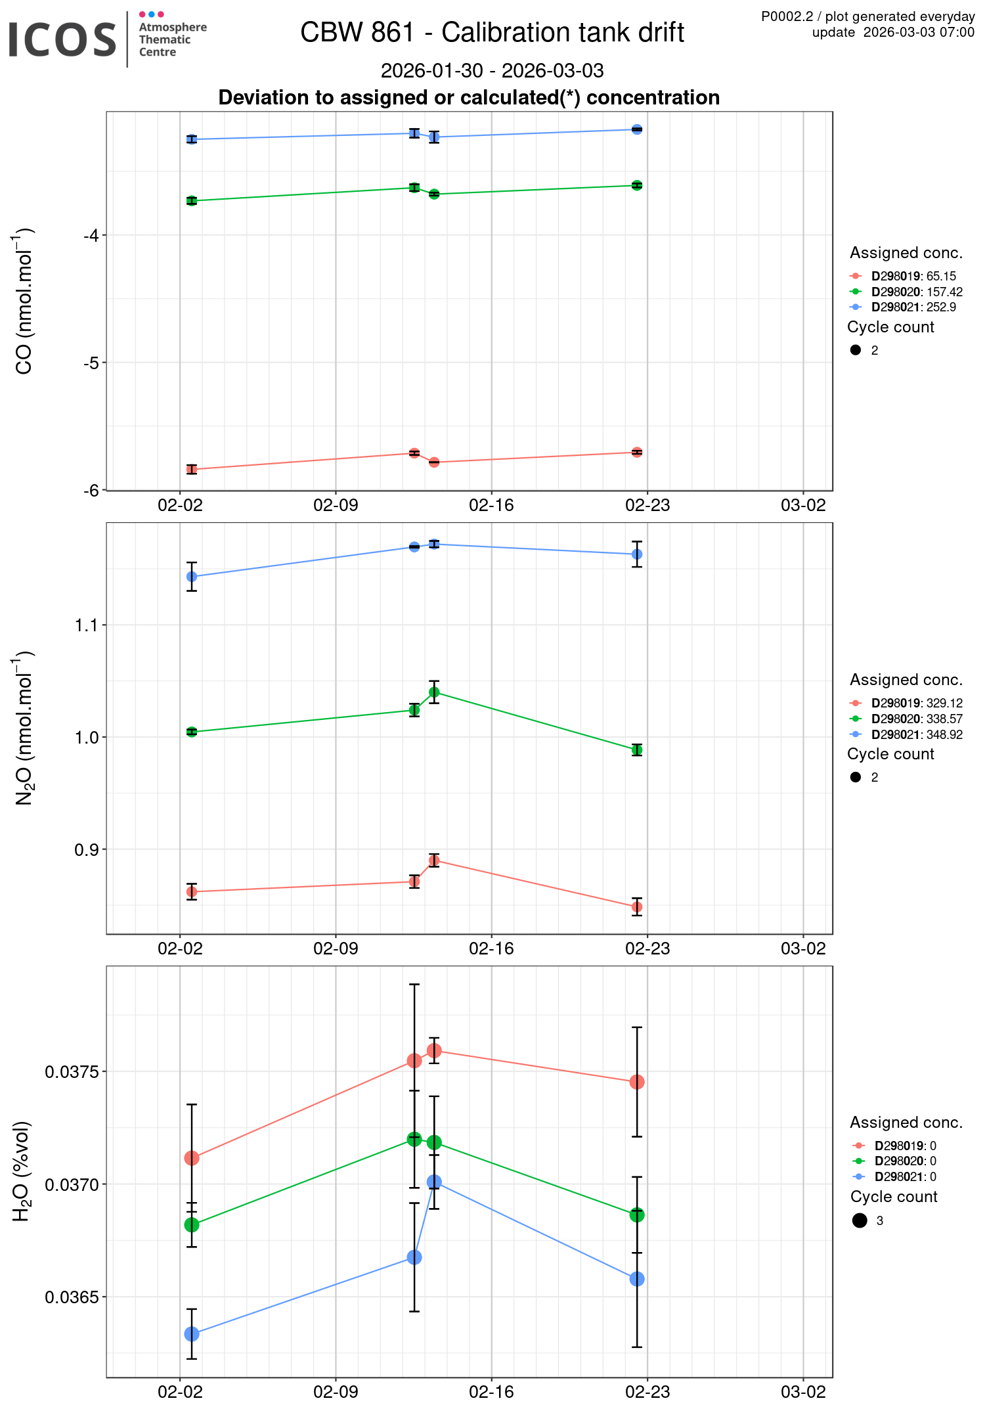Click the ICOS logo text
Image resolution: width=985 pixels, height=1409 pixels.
pyautogui.click(x=62, y=39)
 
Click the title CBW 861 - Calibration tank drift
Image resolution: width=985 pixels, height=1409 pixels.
pyautogui.click(x=492, y=32)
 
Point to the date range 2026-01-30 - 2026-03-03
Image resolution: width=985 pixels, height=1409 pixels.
pyautogui.click(x=492, y=70)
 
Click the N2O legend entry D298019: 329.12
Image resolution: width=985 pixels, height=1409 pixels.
pyautogui.click(x=916, y=703)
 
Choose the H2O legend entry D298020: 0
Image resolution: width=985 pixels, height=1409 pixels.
pyautogui.click(x=904, y=1161)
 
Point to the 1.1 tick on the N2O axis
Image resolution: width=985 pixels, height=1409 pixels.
pyautogui.click(x=86, y=625)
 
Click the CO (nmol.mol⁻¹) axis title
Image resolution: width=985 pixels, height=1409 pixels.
pyautogui.click(x=24, y=301)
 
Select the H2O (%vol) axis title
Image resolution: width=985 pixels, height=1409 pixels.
pyautogui.click(x=22, y=1171)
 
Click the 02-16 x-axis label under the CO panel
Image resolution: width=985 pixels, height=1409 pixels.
pyautogui.click(x=491, y=505)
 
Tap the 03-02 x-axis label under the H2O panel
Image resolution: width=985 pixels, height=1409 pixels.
pyautogui.click(x=802, y=1392)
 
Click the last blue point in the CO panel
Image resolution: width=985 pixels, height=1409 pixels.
pyautogui.click(x=637, y=129)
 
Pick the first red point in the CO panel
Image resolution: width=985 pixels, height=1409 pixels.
pyautogui.click(x=192, y=469)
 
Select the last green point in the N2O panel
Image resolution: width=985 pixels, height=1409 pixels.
pyautogui.click(x=637, y=750)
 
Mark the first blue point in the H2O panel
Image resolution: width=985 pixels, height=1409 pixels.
pyautogui.click(x=192, y=1334)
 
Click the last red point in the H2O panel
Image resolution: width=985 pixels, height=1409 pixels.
pyautogui.click(x=637, y=1082)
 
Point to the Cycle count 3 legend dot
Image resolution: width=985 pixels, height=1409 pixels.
pyautogui.click(x=860, y=1220)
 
